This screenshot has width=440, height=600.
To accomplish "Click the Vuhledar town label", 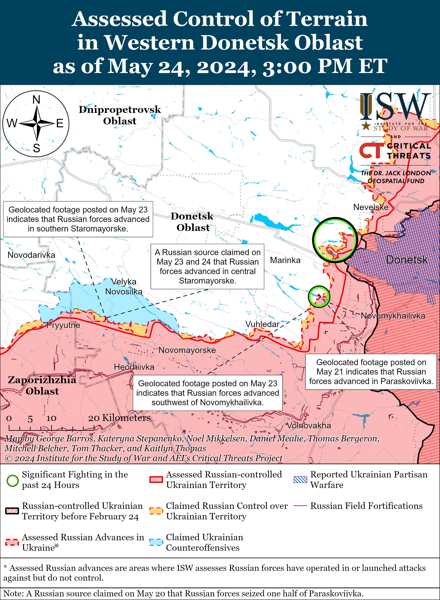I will tap(262, 324).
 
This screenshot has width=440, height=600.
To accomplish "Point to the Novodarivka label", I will tap(31, 255).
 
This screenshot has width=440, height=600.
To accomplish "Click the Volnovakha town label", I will tap(309, 425).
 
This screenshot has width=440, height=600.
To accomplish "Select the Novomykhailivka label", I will tap(393, 316).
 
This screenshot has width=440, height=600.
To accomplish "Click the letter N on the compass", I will tap(36, 100).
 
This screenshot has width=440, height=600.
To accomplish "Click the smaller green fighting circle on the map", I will tap(319, 297).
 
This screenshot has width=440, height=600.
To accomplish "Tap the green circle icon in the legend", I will tap(13, 481).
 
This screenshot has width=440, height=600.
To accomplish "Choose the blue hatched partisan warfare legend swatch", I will tap(300, 480).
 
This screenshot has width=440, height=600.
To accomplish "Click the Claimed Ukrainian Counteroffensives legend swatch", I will tap(156, 542).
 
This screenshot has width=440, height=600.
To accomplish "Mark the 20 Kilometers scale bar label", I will tap(119, 418).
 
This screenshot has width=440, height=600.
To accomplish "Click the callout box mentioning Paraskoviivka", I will tap(371, 372).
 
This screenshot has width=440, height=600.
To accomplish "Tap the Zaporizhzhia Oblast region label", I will tap(42, 385).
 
